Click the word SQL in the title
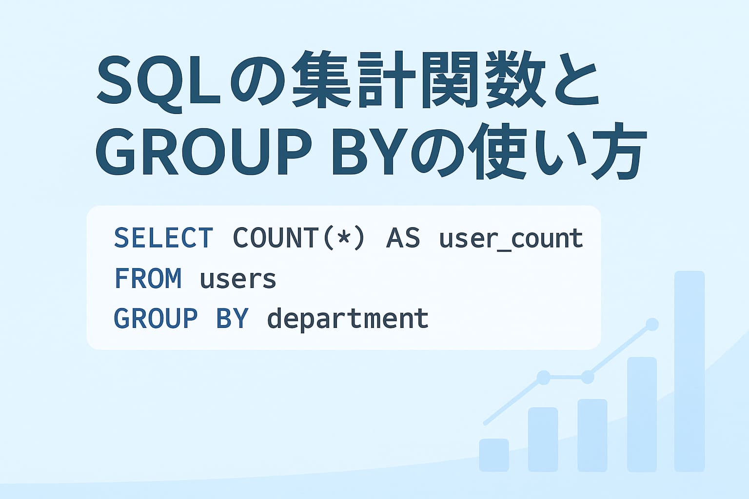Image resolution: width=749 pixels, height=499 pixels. coord(159,80)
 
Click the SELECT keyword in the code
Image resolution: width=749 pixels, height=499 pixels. coord(163,238)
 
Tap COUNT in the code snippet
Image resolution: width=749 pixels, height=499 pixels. coord(276,238)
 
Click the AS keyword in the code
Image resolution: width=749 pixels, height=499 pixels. coord(403,238)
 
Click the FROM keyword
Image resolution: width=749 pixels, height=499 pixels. coord(148,279)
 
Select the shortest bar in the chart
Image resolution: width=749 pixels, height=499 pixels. coord(494,455)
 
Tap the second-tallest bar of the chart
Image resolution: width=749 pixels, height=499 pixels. coord(642,414)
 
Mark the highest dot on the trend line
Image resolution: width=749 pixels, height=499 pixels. coord(652,325)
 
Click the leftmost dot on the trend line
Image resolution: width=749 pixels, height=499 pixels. coord(543,377)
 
